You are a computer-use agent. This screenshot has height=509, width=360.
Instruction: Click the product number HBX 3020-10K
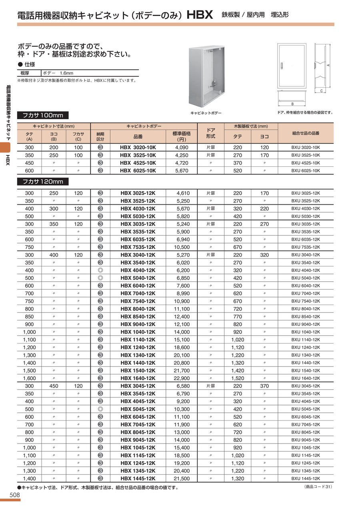pyautogui.click(x=138, y=148)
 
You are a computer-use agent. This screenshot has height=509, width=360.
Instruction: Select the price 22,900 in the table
pyautogui.click(x=182, y=378)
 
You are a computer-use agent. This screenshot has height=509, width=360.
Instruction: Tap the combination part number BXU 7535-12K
pyautogui.click(x=306, y=247)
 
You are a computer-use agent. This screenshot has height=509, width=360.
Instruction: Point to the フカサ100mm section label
pyautogui.click(x=43, y=116)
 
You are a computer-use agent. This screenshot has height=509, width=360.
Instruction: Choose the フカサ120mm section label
pyautogui.click(x=43, y=182)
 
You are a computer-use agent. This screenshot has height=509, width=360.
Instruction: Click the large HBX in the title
pyautogui.click(x=199, y=16)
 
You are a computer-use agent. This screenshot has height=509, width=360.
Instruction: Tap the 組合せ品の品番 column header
pyautogui.click(x=306, y=133)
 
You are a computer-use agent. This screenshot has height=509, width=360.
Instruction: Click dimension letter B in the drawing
pyautogui.click(x=292, y=104)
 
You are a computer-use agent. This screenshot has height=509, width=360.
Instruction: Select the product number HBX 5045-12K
pyautogui.click(x=138, y=409)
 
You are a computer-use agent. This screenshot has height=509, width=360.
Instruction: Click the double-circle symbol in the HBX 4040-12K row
pyautogui.click(x=100, y=270)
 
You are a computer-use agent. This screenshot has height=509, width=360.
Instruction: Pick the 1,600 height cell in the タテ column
pyautogui.click(x=29, y=378)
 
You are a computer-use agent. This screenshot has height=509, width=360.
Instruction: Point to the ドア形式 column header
pyautogui.click(x=210, y=133)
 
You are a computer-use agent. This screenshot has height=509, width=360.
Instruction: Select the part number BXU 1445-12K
pyautogui.click(x=306, y=479)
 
